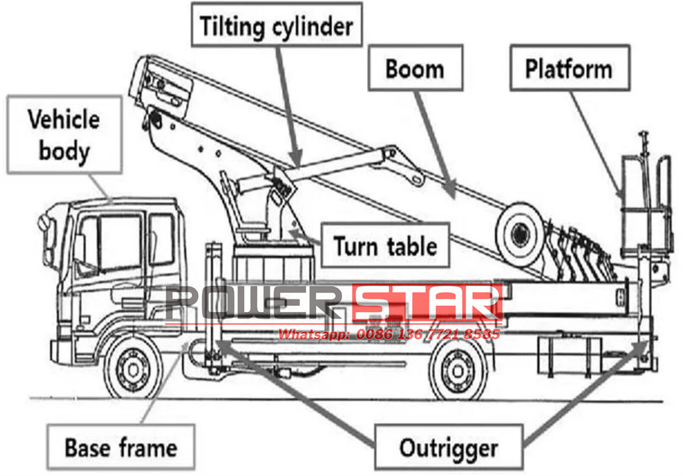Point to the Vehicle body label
tap(64, 135)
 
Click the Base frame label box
tap(121, 446)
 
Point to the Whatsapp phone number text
tap(389, 334)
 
